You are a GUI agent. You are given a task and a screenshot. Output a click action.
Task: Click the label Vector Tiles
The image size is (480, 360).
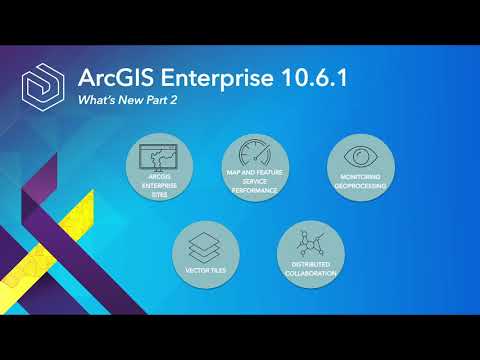pyautogui.click(x=204, y=271)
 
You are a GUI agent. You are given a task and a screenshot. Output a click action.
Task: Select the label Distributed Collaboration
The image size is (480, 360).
pyautogui.click(x=310, y=269)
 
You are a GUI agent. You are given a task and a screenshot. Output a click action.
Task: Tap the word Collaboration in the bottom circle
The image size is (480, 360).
pyautogui.click(x=310, y=273)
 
